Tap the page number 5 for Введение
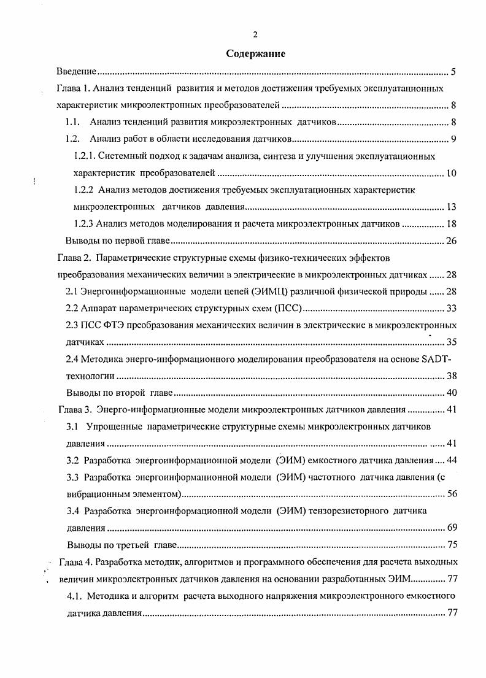click(453, 72)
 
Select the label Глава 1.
click(74, 89)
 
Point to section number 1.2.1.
click(85, 156)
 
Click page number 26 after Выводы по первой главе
click(450, 240)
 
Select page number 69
click(450, 528)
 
